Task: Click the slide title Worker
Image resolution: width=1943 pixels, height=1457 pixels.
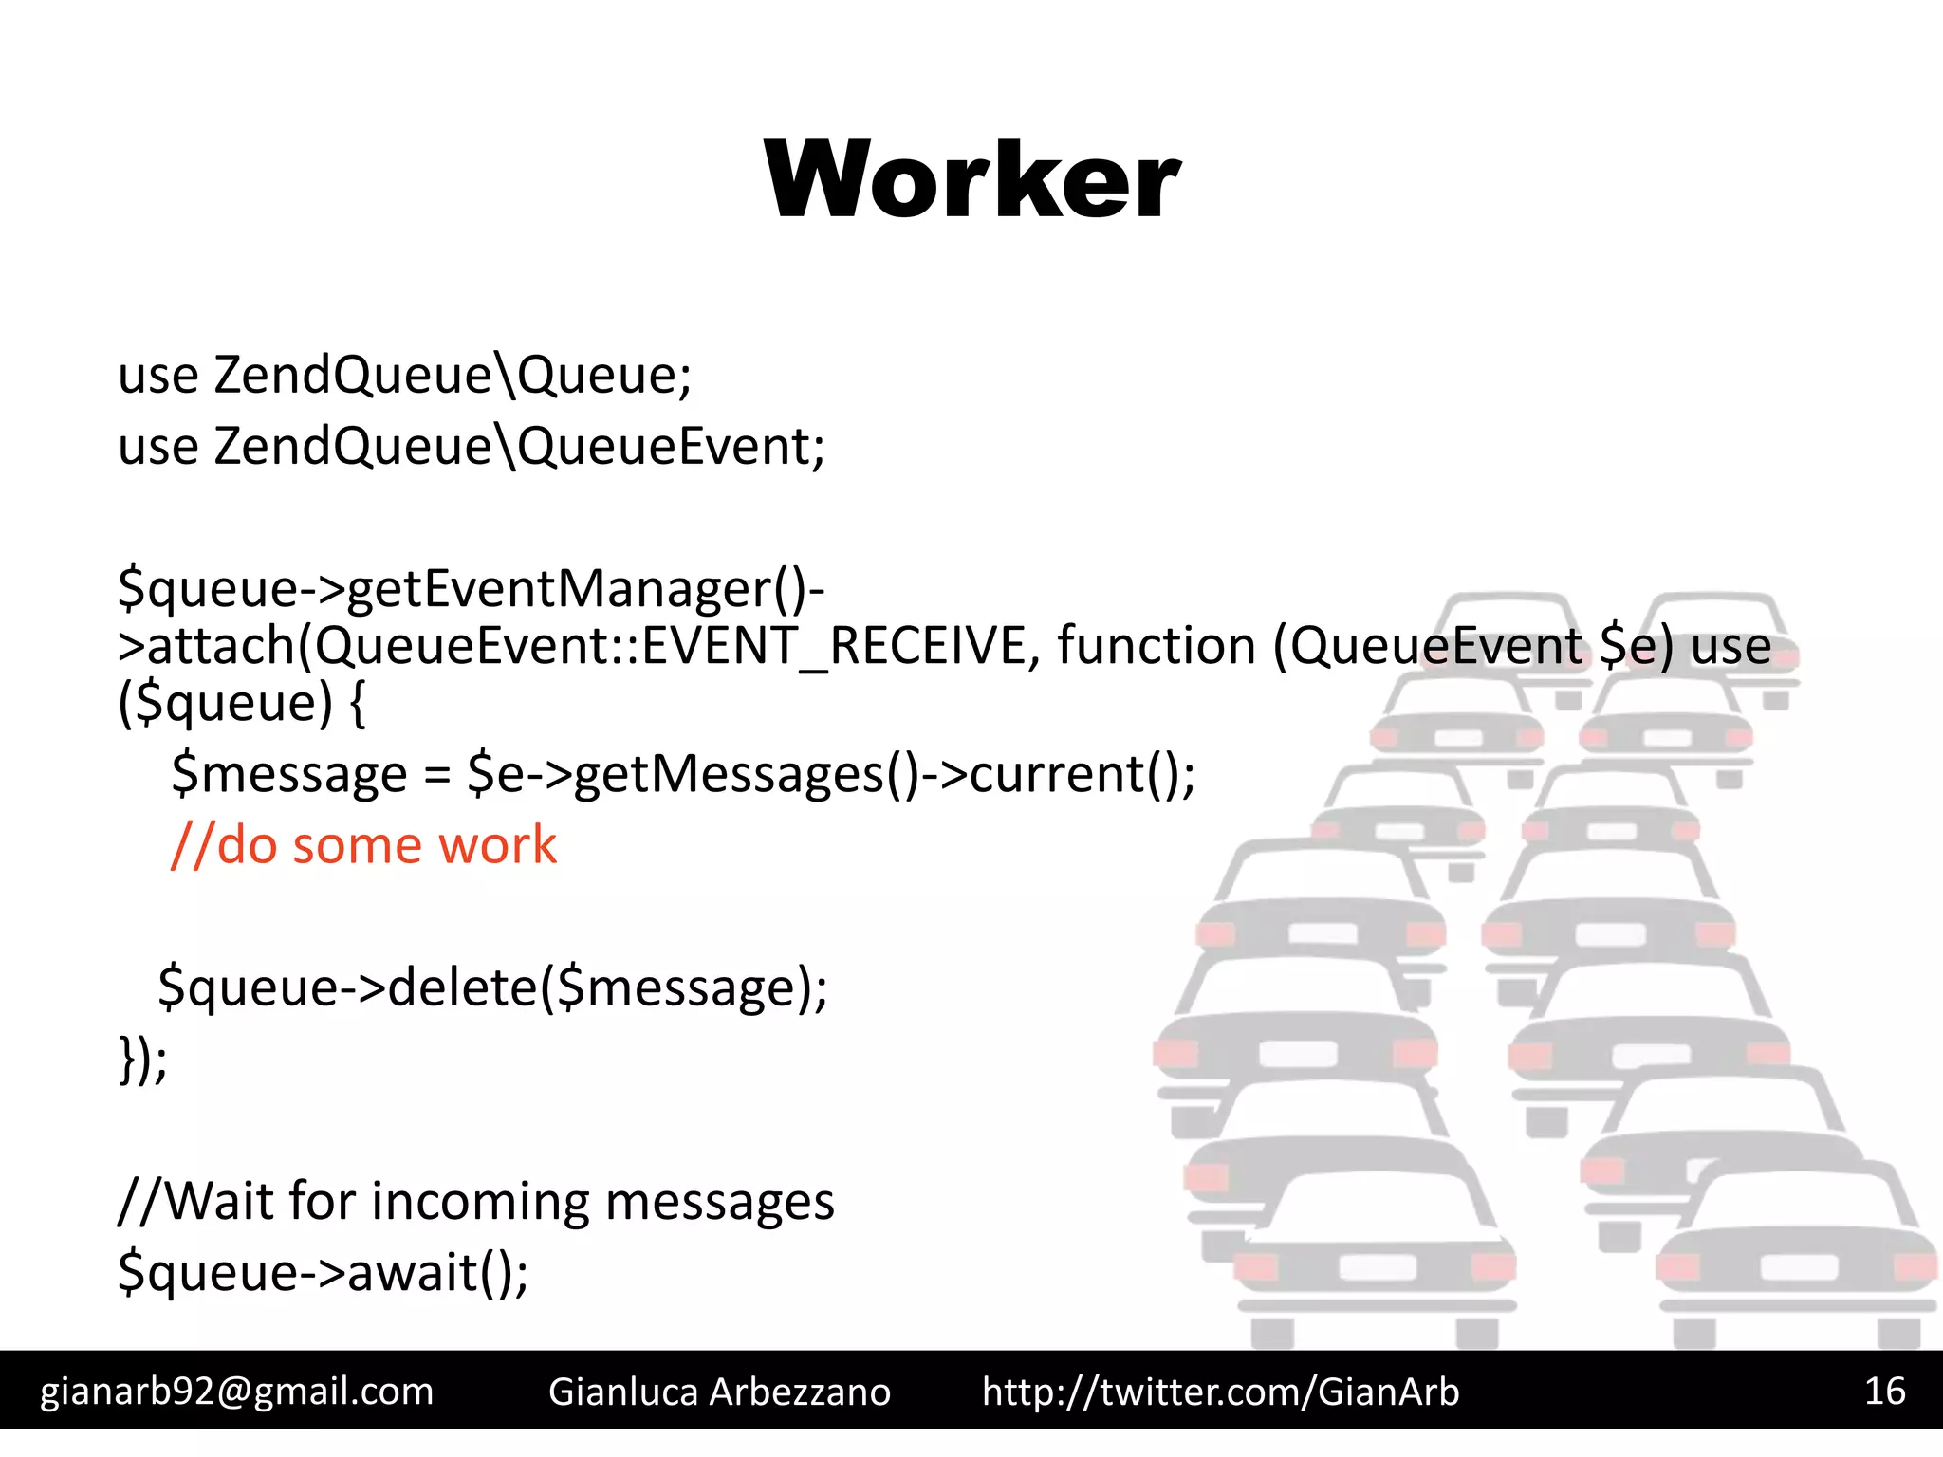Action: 971,180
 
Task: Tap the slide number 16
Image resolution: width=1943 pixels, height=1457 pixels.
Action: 1884,1391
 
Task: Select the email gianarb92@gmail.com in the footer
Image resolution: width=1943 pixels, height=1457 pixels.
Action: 236,1392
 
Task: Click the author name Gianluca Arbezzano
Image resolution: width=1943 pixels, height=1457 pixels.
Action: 719,1392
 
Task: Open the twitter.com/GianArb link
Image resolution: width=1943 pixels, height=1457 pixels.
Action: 1220,1392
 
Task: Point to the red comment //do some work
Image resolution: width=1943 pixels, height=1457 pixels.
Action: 363,844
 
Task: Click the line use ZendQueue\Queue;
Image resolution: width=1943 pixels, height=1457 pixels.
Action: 405,375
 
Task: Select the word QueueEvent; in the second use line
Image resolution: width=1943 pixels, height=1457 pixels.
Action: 672,446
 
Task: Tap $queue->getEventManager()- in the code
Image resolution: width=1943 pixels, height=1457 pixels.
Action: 472,589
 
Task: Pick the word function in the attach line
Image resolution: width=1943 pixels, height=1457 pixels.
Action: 1157,646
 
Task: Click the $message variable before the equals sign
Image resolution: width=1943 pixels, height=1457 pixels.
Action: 289,774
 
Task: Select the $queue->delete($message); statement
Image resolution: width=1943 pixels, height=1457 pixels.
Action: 492,987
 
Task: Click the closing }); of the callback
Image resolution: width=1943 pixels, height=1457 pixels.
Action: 142,1059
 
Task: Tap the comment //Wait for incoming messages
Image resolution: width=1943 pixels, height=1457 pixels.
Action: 475,1201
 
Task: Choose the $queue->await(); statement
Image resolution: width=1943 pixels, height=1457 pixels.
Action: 323,1272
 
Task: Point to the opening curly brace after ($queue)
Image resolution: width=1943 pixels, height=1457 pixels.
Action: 357,704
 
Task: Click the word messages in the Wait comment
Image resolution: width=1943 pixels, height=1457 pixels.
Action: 719,1201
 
